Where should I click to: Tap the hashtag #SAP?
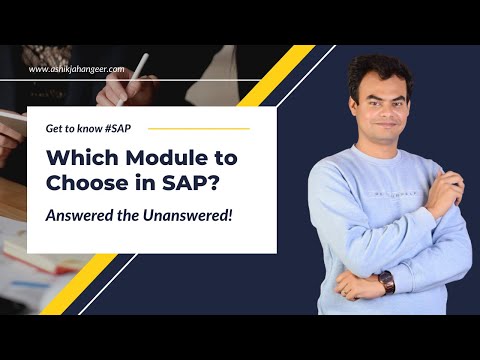[x=116, y=128]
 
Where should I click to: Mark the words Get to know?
[x=73, y=128]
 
